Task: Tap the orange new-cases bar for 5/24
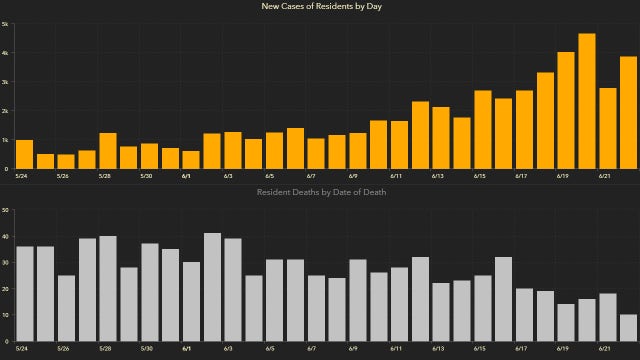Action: click(24, 154)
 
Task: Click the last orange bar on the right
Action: click(628, 112)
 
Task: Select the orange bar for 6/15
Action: click(482, 129)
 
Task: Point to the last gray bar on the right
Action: click(628, 328)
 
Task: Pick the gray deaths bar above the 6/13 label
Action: click(441, 312)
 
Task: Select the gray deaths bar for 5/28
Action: click(108, 289)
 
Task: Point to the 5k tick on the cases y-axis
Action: click(5, 24)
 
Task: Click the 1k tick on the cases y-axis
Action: click(5, 140)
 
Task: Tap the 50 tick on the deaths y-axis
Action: click(6, 210)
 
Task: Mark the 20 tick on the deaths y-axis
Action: click(6, 289)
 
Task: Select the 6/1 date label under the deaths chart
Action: click(187, 349)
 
